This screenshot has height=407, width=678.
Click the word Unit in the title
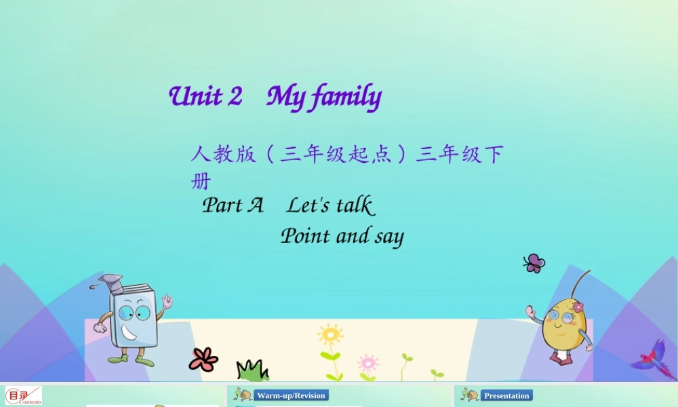[195, 96]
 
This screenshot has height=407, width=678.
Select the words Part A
[233, 205]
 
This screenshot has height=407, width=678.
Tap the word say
[388, 237]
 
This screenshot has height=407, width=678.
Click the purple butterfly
[534, 263]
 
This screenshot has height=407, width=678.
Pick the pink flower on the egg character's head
[578, 307]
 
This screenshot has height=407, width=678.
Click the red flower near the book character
[203, 359]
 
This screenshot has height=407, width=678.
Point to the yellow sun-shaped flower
[330, 335]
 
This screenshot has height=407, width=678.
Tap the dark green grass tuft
[252, 370]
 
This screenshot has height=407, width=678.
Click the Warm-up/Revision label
[291, 395]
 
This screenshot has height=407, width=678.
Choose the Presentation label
[506, 395]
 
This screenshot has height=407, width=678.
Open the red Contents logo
[23, 395]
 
